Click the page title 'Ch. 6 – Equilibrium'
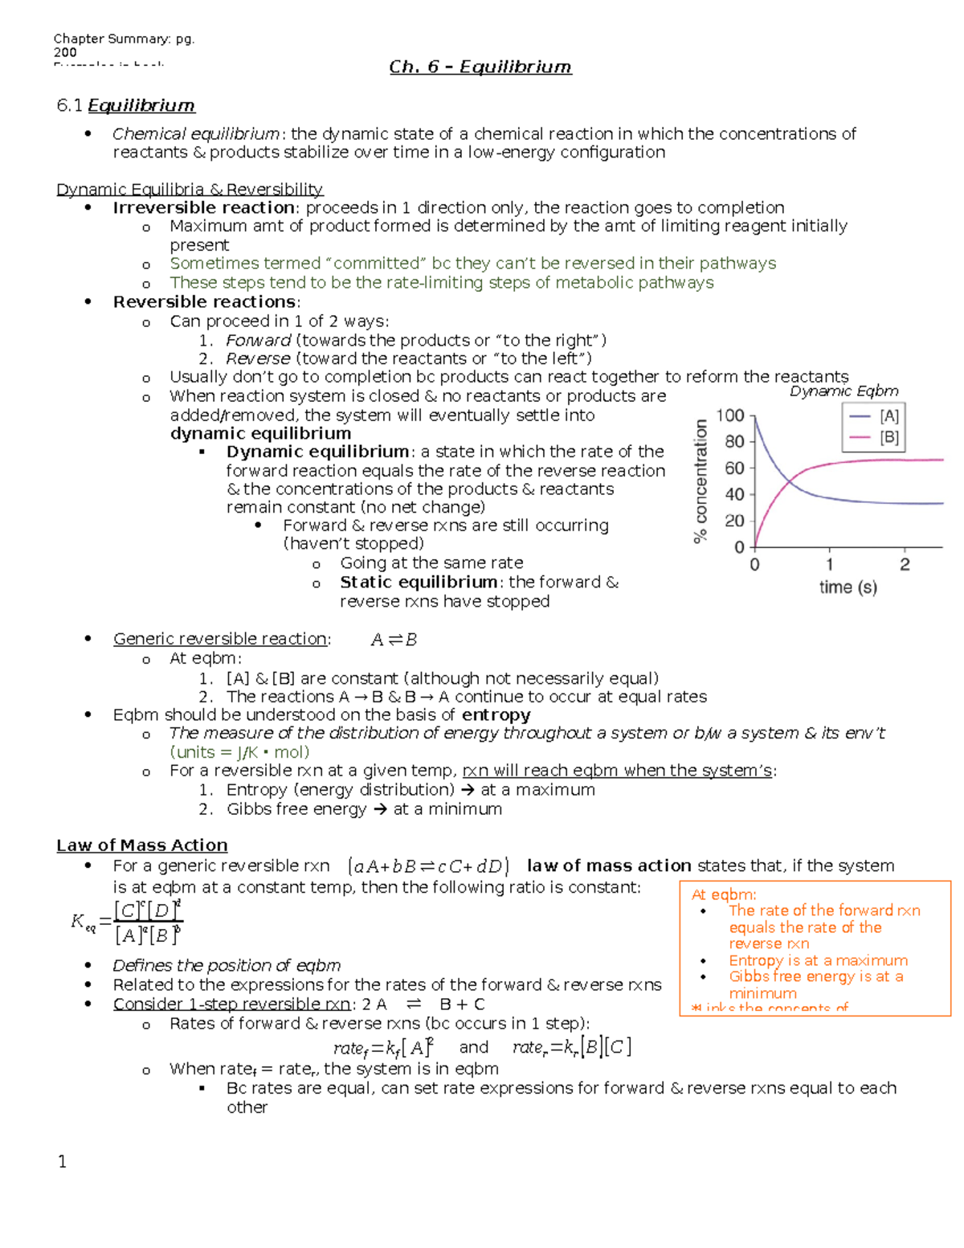480,67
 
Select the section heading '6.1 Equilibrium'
125,105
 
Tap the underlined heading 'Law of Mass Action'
141,845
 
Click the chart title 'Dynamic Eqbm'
843,391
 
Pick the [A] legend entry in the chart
875,416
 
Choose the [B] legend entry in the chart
875,438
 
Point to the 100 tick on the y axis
730,415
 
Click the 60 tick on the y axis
734,468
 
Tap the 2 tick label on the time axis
905,565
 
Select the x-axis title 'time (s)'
848,587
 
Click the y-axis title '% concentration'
701,481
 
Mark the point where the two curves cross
792,481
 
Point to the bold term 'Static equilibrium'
418,583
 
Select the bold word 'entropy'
496,715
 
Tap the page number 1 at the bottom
63,1161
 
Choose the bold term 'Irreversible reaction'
204,208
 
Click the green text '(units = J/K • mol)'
239,752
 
